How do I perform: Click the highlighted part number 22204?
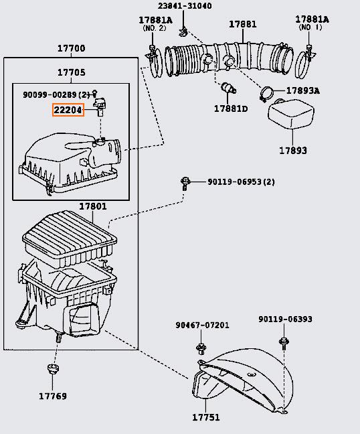click(68, 110)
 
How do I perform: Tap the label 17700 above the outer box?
click(71, 48)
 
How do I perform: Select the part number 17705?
click(72, 72)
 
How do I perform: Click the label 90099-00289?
click(50, 95)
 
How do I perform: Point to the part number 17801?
click(93, 206)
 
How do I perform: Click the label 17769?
click(53, 396)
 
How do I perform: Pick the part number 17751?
click(206, 417)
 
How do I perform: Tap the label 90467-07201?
click(202, 325)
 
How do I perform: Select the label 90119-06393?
click(285, 319)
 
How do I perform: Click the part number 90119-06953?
click(234, 182)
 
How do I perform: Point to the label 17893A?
click(302, 90)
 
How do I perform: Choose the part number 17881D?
click(231, 108)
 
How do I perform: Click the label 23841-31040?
click(185, 6)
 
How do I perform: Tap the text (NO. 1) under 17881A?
click(310, 27)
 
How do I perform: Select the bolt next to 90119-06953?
click(185, 184)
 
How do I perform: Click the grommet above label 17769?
click(53, 368)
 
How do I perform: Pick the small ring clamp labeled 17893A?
click(266, 94)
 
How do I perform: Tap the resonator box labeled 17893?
click(291, 113)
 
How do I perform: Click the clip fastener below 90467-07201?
click(201, 349)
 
